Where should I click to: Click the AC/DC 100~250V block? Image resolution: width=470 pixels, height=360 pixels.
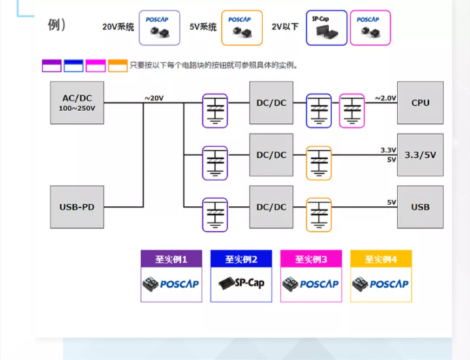[77, 103]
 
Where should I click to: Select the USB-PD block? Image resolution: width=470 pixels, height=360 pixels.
[77, 207]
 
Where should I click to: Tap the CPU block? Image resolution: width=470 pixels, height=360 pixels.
[420, 103]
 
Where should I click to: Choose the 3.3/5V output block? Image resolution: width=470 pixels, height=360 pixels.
[420, 155]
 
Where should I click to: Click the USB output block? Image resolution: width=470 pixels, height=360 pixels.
[420, 207]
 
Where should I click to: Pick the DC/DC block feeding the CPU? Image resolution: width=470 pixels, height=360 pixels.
[271, 103]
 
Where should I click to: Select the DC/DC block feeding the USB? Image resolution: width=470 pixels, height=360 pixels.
[271, 207]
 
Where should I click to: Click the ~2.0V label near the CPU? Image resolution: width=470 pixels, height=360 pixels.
[385, 98]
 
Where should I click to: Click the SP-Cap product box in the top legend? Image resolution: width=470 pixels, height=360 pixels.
[326, 28]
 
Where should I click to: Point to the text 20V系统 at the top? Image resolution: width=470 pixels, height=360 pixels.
[118, 27]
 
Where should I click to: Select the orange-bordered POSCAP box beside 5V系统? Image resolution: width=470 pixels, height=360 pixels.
[242, 28]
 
